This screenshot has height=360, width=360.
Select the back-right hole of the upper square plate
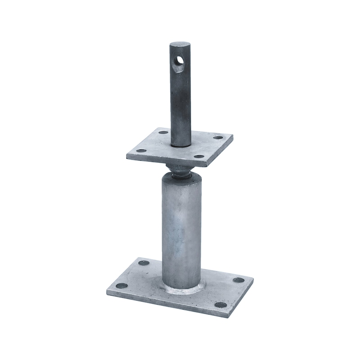(x=218, y=138)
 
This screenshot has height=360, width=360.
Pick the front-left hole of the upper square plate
(x=141, y=151)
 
